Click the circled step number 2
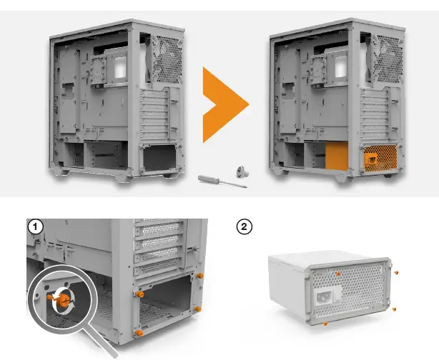click(x=245, y=226)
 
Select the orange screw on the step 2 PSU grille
click(x=337, y=272)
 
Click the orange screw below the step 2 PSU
click(x=327, y=324)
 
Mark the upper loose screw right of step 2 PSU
click(x=395, y=272)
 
